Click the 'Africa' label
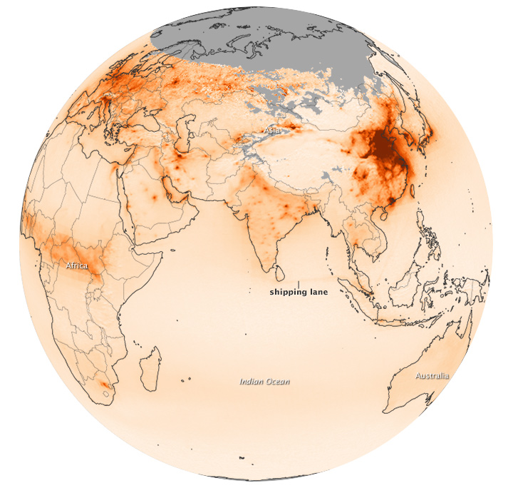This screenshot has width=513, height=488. coord(77,265)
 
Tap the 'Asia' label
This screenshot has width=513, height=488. coord(271,131)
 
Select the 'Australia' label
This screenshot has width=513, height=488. coord(432,375)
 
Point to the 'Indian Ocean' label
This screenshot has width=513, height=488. coord(264,382)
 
